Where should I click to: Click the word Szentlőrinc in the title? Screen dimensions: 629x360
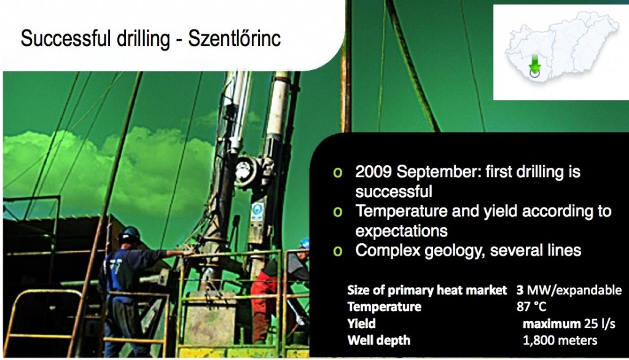[234, 39]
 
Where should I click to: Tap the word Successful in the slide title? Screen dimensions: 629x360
[65, 39]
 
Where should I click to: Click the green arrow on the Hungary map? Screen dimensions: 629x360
[534, 65]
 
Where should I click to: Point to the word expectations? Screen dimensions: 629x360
[401, 231]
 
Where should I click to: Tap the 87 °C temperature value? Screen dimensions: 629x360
[531, 307]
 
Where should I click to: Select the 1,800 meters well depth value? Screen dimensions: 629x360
[560, 340]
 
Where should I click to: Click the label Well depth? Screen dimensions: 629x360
[379, 340]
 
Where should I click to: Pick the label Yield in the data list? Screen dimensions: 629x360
[361, 324]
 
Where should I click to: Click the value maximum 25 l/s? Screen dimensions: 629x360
[569, 324]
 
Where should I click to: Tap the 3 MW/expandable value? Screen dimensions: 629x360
[569, 290]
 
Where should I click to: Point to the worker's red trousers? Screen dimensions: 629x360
[264, 305]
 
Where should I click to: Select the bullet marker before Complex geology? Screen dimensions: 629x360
[338, 251]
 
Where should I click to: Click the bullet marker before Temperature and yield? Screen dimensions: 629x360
[338, 212]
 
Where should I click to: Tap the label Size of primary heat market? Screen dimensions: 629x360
[427, 290]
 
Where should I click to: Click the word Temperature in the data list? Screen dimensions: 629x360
[385, 307]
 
